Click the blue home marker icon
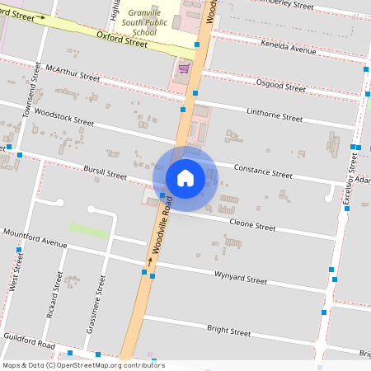[x=185, y=177]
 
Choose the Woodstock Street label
[x=65, y=115]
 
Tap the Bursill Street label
[x=105, y=173]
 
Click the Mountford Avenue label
[x=35, y=239]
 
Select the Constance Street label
[x=263, y=171]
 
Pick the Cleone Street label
[x=251, y=223]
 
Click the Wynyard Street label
[x=240, y=277]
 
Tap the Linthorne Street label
[x=275, y=115]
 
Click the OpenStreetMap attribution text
[x=82, y=365]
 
